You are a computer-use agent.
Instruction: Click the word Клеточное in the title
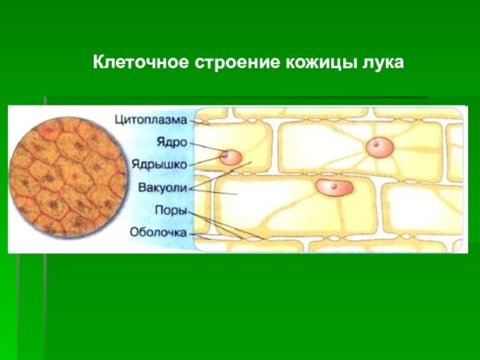(140, 61)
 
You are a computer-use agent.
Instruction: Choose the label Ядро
(173, 142)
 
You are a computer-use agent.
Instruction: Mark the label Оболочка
(158, 233)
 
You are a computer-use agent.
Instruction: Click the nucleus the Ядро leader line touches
(230, 157)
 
